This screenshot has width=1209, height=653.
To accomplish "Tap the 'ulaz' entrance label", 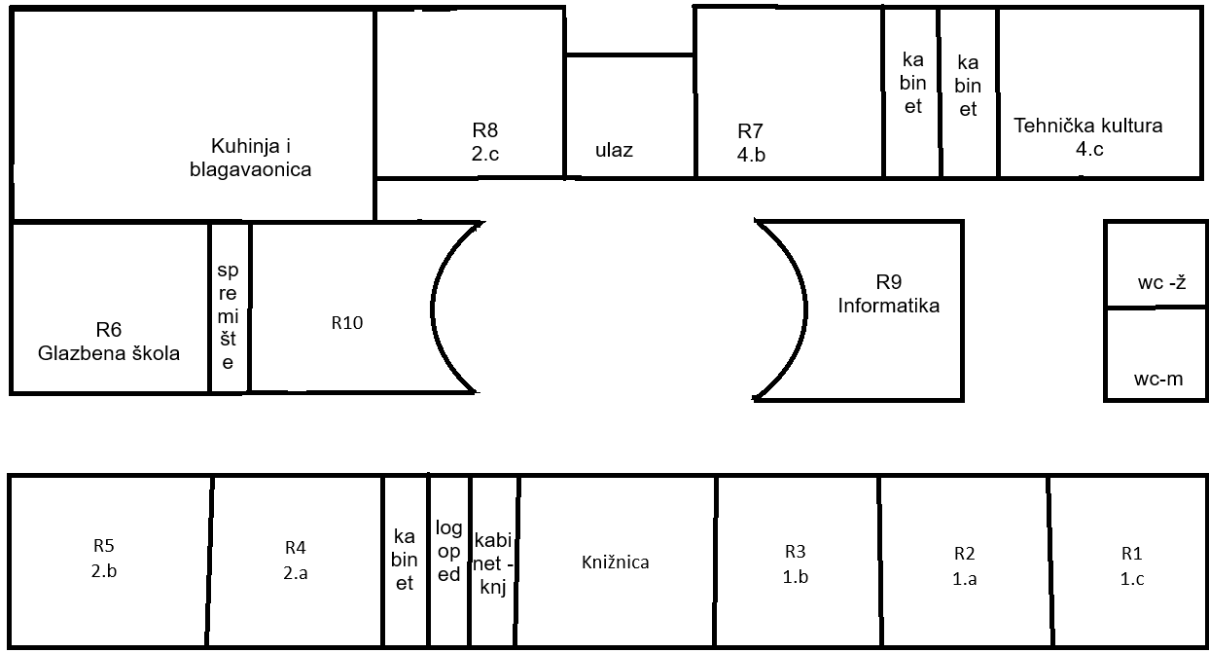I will (614, 150).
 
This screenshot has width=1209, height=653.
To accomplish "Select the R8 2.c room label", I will (485, 140).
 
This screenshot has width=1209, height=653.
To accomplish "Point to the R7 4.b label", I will (751, 142).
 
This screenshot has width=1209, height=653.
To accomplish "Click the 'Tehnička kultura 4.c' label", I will (1087, 137).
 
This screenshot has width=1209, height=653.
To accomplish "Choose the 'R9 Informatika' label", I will (889, 294).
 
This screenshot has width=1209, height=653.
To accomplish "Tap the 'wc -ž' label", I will (1159, 283).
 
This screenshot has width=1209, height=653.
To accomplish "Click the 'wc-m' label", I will (1158, 379).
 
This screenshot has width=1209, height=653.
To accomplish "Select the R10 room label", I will (347, 323).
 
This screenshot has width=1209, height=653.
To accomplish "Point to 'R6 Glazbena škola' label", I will (109, 342).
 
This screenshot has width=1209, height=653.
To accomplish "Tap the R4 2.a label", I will (296, 560).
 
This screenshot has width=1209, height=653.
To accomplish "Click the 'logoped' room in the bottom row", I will (448, 552).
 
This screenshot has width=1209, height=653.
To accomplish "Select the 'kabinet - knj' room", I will (494, 563).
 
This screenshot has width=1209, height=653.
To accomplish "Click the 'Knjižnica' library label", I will (615, 562).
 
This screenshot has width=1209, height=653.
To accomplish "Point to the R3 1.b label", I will (796, 563).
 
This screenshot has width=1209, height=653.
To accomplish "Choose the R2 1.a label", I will (964, 565).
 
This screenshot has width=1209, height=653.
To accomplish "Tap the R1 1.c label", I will (1130, 565).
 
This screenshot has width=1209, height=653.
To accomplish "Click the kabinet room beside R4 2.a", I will (405, 560).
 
